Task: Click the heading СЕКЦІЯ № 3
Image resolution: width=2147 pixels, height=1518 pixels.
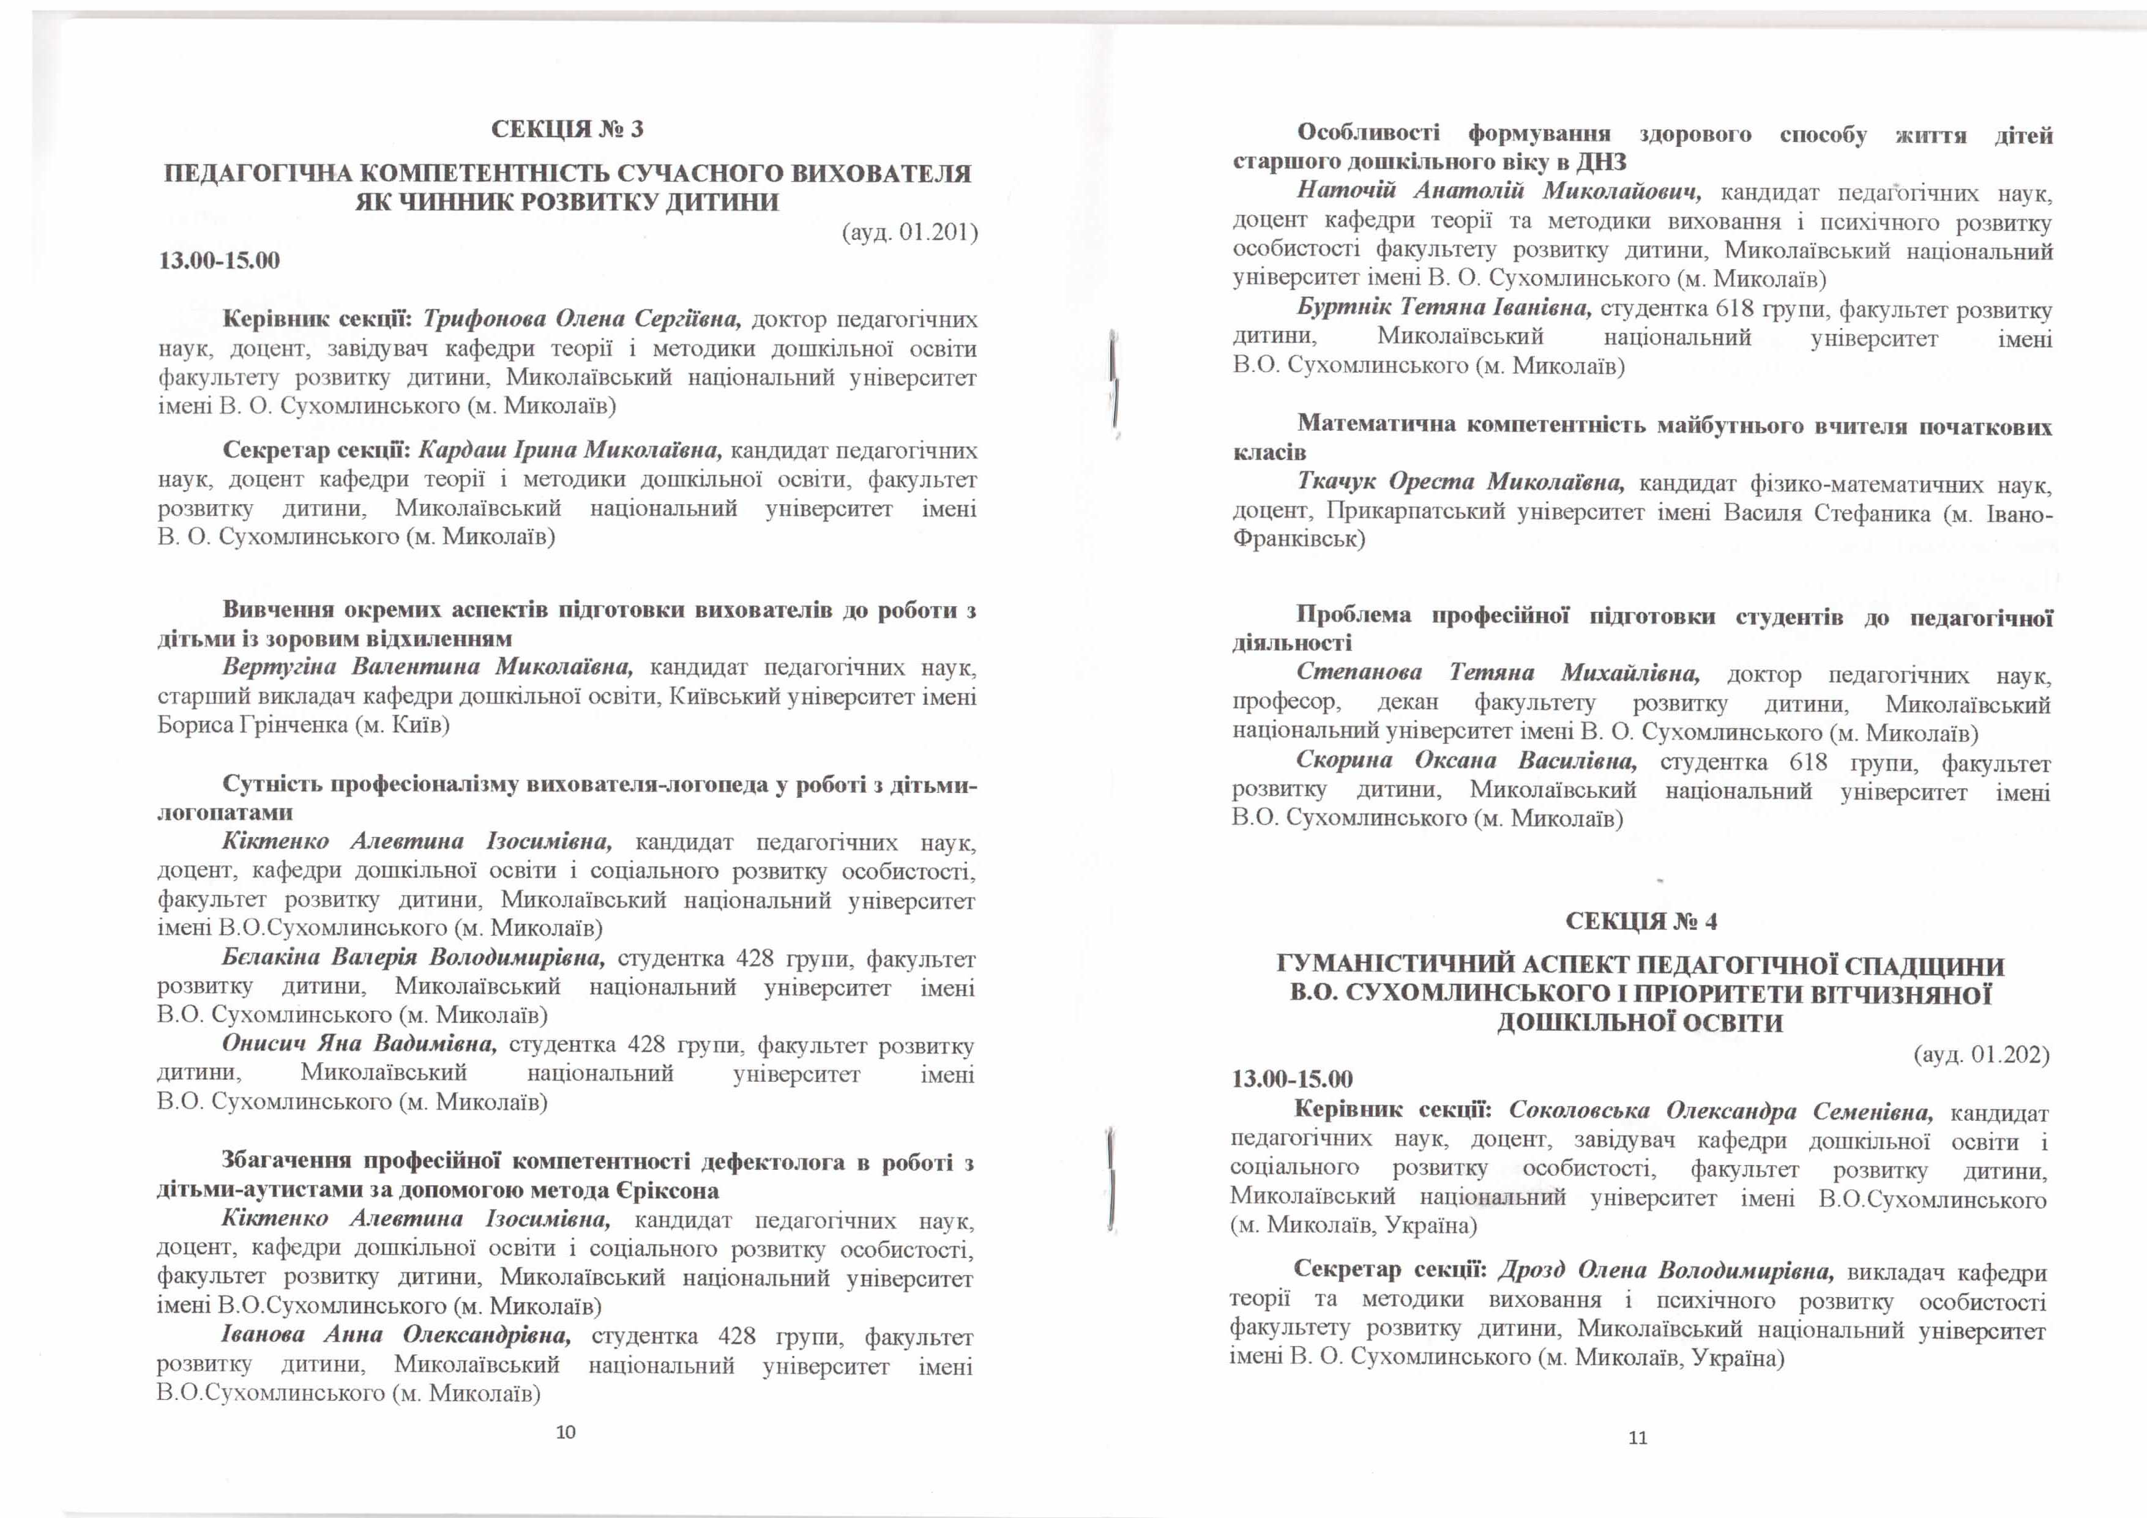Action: pyautogui.click(x=567, y=129)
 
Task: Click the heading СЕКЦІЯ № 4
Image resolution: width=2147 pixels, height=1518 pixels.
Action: pyautogui.click(x=1641, y=921)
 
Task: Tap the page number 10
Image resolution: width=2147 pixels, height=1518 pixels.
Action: pyautogui.click(x=566, y=1432)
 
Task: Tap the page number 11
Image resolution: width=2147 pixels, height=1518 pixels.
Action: pyautogui.click(x=1637, y=1438)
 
